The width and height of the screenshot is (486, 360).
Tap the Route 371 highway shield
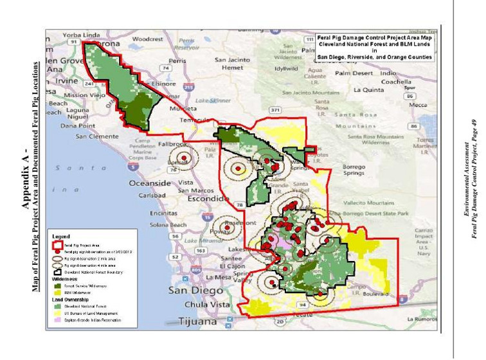coord(275,110)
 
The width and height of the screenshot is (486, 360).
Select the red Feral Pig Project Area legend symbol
coord(58,244)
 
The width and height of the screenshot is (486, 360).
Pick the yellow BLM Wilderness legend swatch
coord(57,292)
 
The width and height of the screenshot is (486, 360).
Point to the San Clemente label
coord(98,136)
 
